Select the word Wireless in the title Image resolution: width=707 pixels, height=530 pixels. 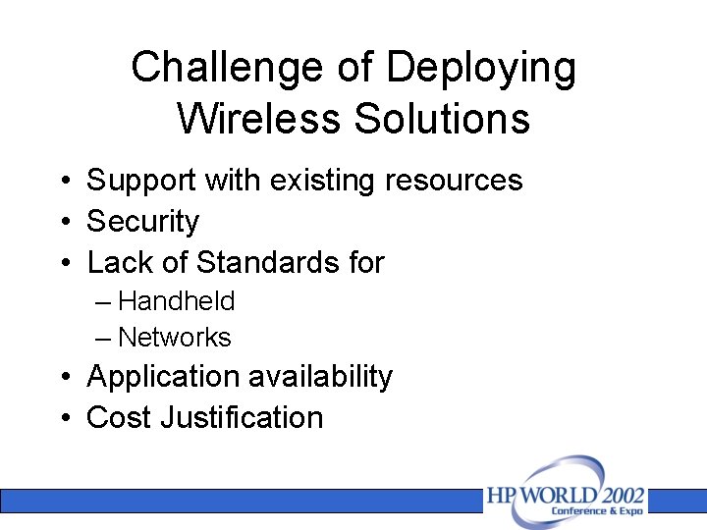259,119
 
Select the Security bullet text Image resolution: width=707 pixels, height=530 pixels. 143,223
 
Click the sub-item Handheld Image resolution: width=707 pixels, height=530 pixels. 176,301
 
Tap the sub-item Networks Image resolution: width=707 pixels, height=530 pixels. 174,338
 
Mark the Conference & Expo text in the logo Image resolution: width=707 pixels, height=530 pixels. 597,511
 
